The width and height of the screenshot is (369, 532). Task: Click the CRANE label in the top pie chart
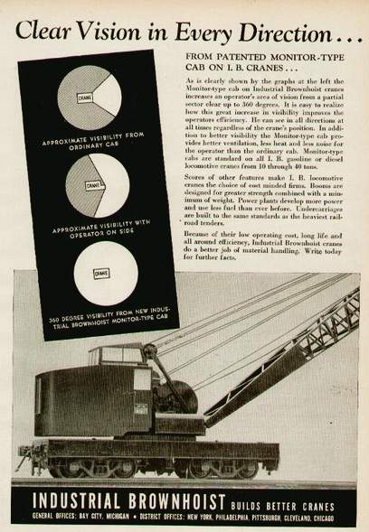(87, 98)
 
